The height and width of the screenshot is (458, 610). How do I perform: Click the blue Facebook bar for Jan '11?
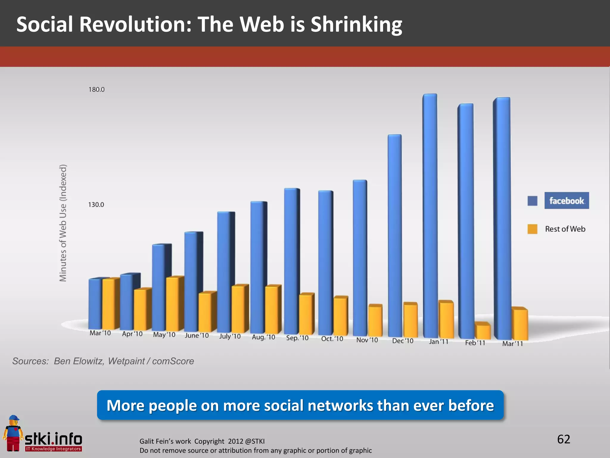pyautogui.click(x=430, y=215)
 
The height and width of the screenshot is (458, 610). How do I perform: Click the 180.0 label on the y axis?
pyautogui.click(x=97, y=89)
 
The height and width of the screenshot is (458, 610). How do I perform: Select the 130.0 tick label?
pyautogui.click(x=96, y=205)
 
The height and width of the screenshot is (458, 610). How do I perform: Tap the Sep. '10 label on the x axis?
pyautogui.click(x=297, y=338)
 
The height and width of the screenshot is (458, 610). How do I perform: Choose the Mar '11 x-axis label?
pyautogui.click(x=512, y=343)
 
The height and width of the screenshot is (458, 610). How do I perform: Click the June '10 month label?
pyautogui.click(x=197, y=335)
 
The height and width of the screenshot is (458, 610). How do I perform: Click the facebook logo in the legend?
pyautogui.click(x=567, y=200)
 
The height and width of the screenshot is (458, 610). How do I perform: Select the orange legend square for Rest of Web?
pyautogui.click(x=532, y=229)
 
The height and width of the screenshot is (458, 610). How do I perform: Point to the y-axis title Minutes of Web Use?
pyautogui.click(x=63, y=223)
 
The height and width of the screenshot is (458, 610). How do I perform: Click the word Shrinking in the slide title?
pyautogui.click(x=356, y=24)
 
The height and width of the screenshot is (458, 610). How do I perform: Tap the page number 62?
pyautogui.click(x=564, y=439)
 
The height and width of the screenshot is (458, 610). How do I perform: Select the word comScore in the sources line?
pyautogui.click(x=173, y=361)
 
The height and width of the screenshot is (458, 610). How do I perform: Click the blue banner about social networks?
pyautogui.click(x=300, y=405)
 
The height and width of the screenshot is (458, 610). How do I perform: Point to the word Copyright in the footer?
pyautogui.click(x=209, y=441)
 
